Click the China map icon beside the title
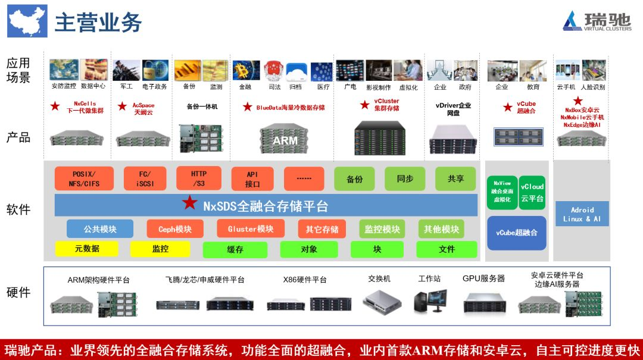[x=27, y=21]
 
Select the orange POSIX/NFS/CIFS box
[x=84, y=179]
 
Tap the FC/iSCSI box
[x=145, y=179]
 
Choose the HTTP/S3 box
[x=199, y=179]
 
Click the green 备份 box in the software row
[x=354, y=179]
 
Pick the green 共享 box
[x=455, y=179]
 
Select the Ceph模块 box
[x=175, y=229]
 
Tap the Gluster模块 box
[x=251, y=229]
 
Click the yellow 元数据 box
[x=87, y=249]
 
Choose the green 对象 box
[x=309, y=249]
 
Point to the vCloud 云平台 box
[x=532, y=192]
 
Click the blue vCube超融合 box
[x=516, y=232]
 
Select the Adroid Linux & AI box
[x=582, y=214]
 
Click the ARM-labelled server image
[x=285, y=138]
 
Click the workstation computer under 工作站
[x=430, y=300]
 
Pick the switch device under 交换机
[x=379, y=302]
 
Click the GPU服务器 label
[x=483, y=278]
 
